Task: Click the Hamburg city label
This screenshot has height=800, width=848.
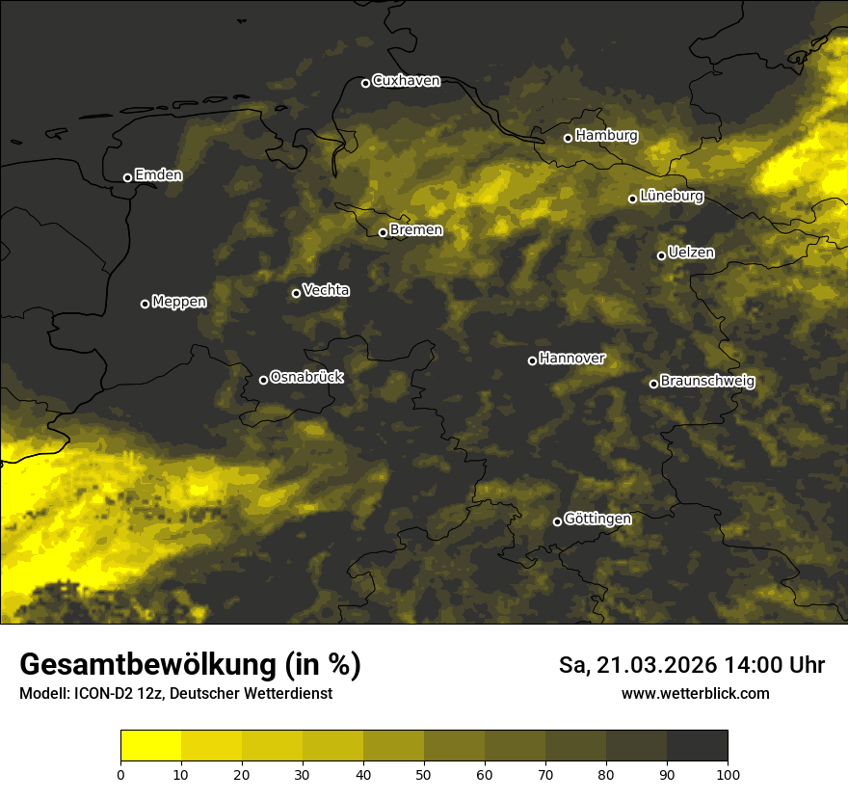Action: pos(606,136)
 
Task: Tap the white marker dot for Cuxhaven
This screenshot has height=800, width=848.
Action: pos(365,83)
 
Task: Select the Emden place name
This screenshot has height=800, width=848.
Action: pos(158,175)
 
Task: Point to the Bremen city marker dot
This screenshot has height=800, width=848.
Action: pos(383,232)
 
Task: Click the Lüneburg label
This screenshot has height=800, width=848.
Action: pos(671,197)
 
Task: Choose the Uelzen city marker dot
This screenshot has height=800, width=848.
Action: pos(661,255)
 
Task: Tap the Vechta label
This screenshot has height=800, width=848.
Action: pos(326,290)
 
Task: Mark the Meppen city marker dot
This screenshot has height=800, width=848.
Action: pos(145,304)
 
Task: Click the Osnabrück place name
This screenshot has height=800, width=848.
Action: pos(306,378)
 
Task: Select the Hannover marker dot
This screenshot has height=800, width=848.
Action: pos(532,360)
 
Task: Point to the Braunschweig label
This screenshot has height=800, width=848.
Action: pos(707,382)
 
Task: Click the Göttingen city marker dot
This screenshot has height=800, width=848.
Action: pos(557,521)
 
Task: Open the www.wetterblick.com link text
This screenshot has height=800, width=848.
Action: pos(695,694)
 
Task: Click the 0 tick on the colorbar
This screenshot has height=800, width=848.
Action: pos(120,774)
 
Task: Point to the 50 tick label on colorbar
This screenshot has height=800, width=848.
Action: pos(424,774)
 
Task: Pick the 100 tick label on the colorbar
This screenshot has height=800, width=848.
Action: pos(728,774)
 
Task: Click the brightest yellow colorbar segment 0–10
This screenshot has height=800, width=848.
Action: pos(150,746)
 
